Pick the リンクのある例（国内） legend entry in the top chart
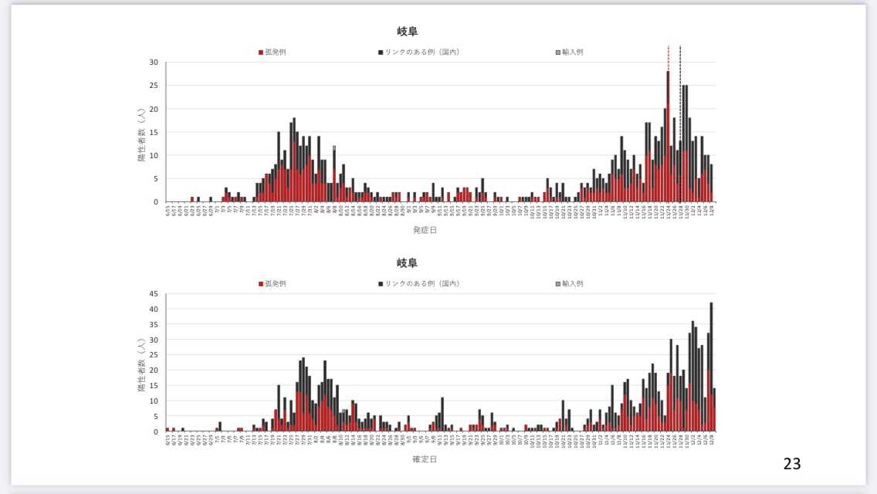coord(419,52)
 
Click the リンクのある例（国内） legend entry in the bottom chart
coord(419,283)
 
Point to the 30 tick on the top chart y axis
coord(154,63)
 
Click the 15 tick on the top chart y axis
coord(154,132)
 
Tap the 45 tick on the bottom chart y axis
coord(154,294)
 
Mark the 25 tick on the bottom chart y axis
coord(154,355)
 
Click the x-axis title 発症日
coord(425,230)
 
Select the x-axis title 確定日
coord(425,459)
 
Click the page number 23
coord(792,464)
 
